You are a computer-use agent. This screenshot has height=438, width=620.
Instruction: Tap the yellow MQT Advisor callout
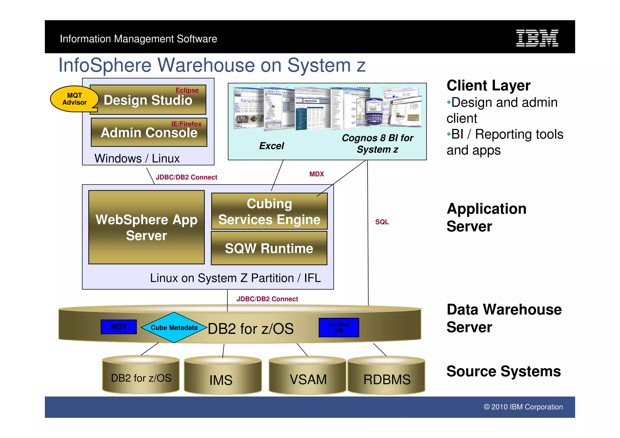(74, 99)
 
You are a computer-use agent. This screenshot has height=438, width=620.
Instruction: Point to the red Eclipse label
(187, 90)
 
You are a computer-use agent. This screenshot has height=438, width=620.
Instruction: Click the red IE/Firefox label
(186, 124)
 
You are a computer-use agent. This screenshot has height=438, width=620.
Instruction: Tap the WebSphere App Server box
(146, 227)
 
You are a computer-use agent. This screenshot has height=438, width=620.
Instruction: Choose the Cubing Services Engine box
(269, 211)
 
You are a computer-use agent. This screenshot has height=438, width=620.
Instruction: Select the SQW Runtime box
(269, 249)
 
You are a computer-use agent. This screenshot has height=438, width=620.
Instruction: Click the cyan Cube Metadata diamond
(174, 328)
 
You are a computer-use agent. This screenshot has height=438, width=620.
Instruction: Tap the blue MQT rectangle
(118, 327)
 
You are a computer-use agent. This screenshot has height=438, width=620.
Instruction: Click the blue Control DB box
(339, 328)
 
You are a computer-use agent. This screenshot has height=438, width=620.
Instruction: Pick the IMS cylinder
(222, 377)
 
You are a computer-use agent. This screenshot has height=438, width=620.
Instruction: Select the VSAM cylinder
(308, 377)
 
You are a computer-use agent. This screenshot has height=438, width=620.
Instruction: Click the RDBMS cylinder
(387, 377)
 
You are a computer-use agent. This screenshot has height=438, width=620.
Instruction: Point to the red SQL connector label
(382, 222)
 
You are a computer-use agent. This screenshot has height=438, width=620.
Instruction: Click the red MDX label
(316, 174)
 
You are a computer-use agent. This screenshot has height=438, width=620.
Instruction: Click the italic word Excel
(272, 146)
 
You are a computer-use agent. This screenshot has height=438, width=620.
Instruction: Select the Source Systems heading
(503, 371)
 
